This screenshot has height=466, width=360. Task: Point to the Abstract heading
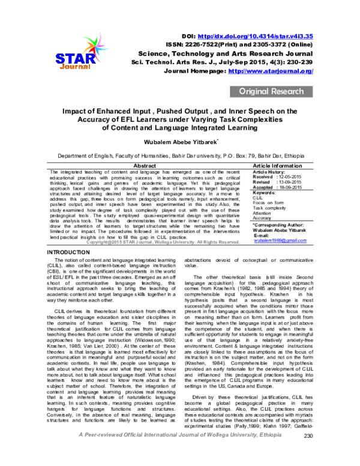click(x=144, y=165)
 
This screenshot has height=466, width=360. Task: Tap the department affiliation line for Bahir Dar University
click(x=179, y=156)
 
